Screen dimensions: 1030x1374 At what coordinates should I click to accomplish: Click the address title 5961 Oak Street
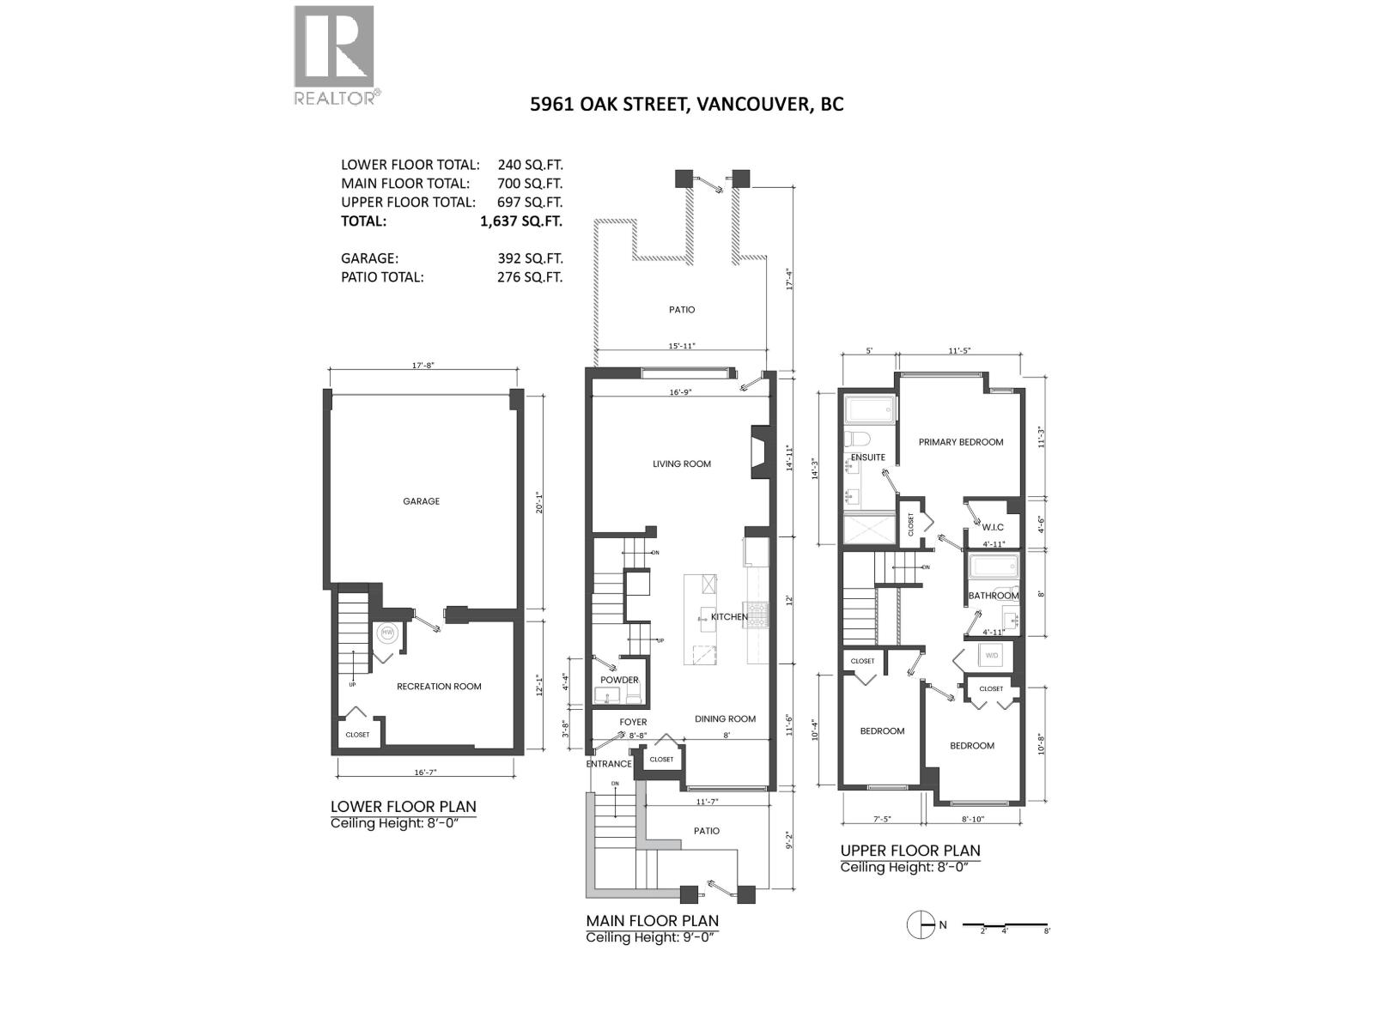click(x=686, y=105)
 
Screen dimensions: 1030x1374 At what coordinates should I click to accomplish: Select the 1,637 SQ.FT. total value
click(x=521, y=221)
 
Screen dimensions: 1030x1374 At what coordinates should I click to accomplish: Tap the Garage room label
click(x=421, y=501)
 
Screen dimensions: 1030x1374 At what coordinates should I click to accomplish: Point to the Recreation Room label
click(x=439, y=687)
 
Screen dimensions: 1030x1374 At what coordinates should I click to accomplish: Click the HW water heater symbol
click(x=387, y=633)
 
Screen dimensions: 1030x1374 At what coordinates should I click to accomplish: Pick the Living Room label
click(x=682, y=464)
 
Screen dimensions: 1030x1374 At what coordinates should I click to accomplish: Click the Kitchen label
click(x=729, y=617)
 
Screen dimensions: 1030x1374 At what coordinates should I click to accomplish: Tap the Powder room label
click(x=619, y=681)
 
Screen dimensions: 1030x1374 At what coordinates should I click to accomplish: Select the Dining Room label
click(x=725, y=719)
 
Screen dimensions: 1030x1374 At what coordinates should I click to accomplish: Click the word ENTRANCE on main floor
click(x=609, y=764)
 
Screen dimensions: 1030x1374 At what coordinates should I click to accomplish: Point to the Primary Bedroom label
click(x=961, y=442)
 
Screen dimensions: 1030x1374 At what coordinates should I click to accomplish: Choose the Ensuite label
click(x=867, y=457)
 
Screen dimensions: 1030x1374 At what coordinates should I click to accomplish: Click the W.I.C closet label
click(x=992, y=527)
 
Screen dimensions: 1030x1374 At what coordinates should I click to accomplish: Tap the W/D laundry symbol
click(x=992, y=656)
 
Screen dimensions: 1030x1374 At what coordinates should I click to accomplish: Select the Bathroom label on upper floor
click(x=994, y=596)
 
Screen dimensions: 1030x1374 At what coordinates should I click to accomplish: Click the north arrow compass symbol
click(x=921, y=924)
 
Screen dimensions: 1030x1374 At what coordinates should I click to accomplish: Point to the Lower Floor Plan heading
click(x=403, y=807)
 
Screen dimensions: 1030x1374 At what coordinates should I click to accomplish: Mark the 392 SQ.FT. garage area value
click(x=521, y=258)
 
